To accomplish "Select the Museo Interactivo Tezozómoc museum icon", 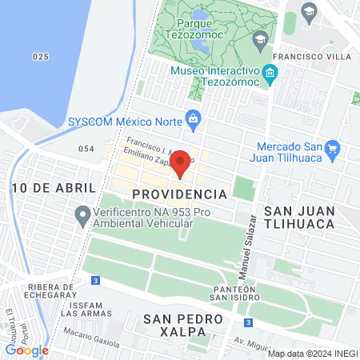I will tap(270, 75).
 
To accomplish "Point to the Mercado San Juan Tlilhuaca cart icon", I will tap(334, 148).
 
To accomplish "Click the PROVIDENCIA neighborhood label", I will tap(179, 194).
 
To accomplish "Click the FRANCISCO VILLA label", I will tap(311, 57).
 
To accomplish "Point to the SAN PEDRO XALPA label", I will tap(180, 326).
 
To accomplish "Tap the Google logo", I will tap(26, 350).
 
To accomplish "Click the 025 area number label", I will tap(42, 57).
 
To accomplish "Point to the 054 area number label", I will tap(86, 150).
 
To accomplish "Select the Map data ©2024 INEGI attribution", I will tap(312, 353).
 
